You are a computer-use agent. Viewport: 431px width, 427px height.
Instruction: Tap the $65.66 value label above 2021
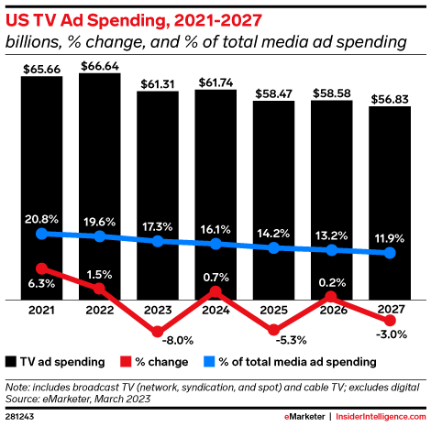41,67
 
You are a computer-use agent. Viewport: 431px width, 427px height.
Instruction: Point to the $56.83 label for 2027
390,99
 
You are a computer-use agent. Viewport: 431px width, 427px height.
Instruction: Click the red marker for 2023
158,332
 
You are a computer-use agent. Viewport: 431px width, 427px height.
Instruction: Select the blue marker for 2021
41,234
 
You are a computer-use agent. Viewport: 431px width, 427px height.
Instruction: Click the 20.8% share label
41,218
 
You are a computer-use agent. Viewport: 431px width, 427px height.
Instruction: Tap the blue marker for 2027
390,252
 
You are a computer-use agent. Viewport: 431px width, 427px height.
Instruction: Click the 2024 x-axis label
215,312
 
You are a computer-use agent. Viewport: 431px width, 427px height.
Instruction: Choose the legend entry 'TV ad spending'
61,362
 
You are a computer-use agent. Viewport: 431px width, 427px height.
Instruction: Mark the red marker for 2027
390,321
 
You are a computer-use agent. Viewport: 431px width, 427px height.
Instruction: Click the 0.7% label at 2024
215,277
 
